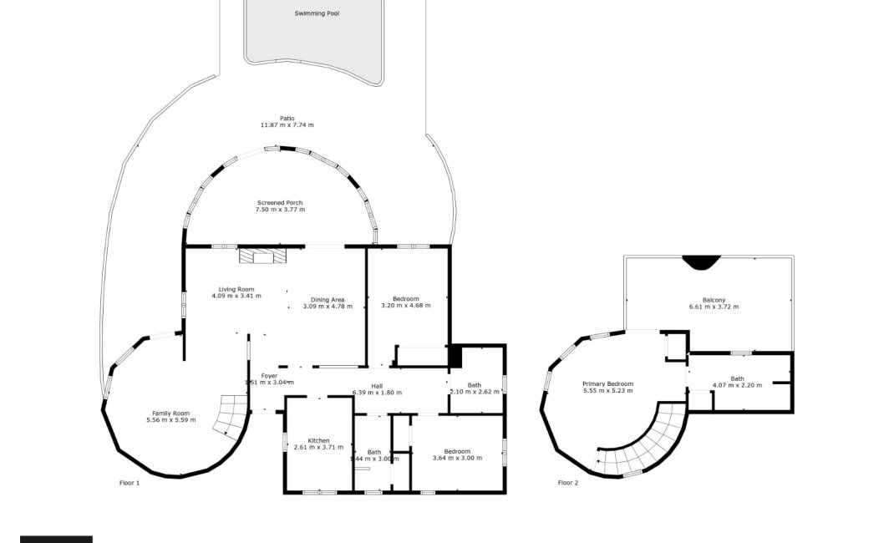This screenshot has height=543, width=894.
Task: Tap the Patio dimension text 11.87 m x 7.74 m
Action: [287, 124]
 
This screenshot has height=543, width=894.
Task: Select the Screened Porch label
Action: [280, 203]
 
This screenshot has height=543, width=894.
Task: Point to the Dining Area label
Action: [328, 300]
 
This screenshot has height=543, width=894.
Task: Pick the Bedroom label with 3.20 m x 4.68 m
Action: [405, 299]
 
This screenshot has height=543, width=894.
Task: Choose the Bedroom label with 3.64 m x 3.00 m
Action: [457, 451]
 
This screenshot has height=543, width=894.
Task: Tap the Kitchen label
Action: [318, 440]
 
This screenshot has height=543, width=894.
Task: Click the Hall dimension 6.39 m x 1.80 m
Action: [377, 393]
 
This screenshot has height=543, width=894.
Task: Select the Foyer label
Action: [269, 376]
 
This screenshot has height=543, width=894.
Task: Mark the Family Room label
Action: [170, 414]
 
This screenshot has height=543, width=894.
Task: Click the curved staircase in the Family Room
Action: [229, 416]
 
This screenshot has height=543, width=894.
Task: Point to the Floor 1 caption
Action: [130, 483]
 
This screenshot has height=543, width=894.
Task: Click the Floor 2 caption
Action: [568, 483]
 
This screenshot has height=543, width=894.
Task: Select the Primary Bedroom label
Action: [607, 384]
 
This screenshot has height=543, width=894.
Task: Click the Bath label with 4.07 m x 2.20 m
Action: [737, 378]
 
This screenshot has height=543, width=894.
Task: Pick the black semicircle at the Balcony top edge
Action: [698, 262]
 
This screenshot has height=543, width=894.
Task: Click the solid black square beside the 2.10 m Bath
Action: [455, 356]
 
